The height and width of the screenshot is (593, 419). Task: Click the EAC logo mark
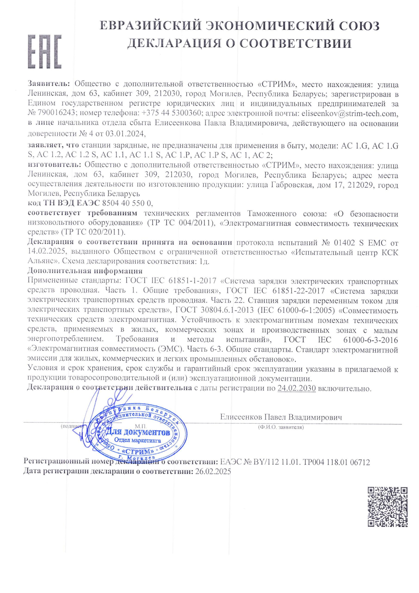[45, 51]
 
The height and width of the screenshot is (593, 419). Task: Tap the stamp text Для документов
[138, 432]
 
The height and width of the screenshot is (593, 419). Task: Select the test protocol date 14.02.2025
[47, 252]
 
